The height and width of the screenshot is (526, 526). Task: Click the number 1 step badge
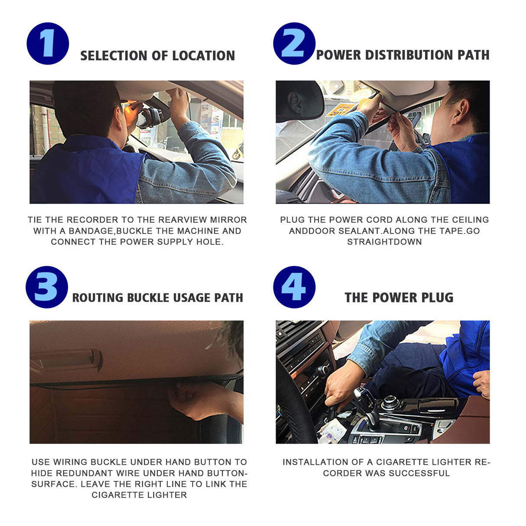[x=48, y=44]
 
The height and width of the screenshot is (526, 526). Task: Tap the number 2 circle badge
[x=294, y=44]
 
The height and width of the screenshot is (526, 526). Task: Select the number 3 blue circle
[x=47, y=287]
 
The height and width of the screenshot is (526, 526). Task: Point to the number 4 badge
[x=294, y=287]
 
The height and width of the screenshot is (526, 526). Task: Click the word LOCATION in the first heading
[x=203, y=56]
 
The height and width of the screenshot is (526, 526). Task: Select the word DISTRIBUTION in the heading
[x=409, y=55]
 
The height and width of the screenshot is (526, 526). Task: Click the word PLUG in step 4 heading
[x=437, y=298]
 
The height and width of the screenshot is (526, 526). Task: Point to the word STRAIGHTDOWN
[x=384, y=242]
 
